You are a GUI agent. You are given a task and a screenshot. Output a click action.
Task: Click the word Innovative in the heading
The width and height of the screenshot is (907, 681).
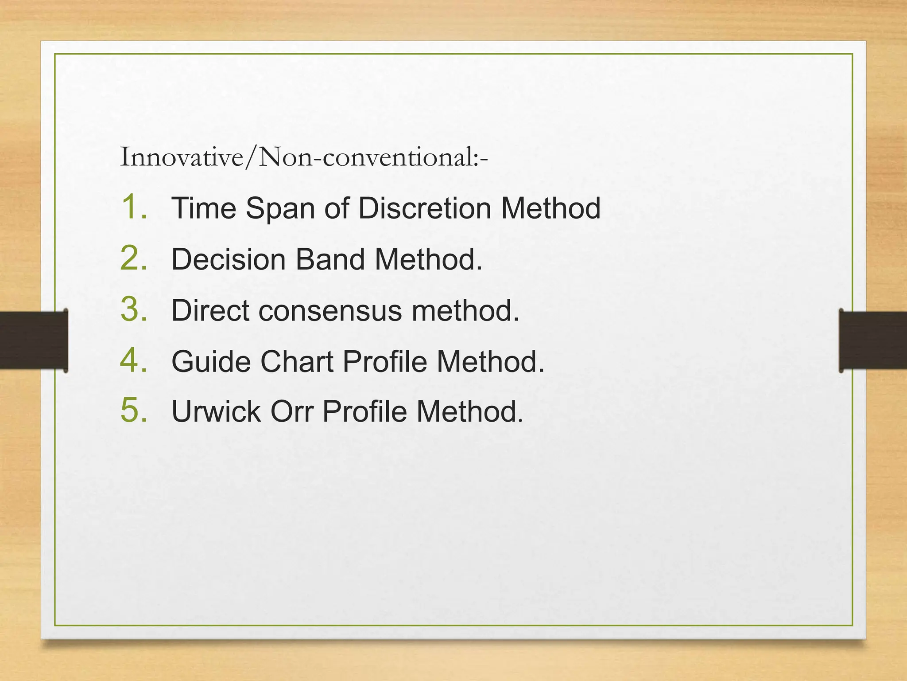pyautogui.click(x=182, y=157)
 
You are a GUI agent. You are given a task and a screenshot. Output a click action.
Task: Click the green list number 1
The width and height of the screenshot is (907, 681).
pyautogui.click(x=133, y=207)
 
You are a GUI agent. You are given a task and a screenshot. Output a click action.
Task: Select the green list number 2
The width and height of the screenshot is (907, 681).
pyautogui.click(x=133, y=258)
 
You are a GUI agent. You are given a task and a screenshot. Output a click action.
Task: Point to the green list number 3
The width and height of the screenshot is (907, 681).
pyautogui.click(x=133, y=309)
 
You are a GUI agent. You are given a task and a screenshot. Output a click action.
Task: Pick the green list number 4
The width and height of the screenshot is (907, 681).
pyautogui.click(x=133, y=360)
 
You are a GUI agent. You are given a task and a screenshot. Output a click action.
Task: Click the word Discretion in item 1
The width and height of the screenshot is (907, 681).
pyautogui.click(x=424, y=208)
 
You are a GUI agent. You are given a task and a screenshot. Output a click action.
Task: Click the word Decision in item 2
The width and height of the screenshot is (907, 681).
pyautogui.click(x=229, y=259)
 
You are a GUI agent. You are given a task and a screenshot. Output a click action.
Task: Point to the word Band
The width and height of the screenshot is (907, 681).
pyautogui.click(x=330, y=259)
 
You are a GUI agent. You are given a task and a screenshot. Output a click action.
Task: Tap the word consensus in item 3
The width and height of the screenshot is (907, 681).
pyautogui.click(x=330, y=311)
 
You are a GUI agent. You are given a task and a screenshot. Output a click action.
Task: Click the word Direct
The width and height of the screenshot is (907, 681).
pyautogui.click(x=210, y=310)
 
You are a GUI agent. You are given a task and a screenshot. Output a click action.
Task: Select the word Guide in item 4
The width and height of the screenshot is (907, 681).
pyautogui.click(x=211, y=362)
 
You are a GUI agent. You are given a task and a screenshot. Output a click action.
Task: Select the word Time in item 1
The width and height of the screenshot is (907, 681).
pyautogui.click(x=204, y=208)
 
